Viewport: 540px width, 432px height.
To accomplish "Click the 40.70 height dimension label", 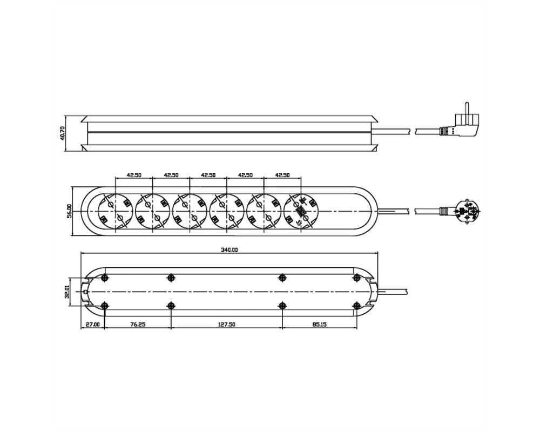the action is click(62, 133).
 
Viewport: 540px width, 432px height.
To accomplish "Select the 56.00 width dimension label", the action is click(69, 211).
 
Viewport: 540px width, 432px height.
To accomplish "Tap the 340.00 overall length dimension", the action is click(230, 250).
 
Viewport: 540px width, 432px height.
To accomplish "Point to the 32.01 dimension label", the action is click(67, 292).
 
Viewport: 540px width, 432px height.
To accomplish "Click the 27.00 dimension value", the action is click(93, 324).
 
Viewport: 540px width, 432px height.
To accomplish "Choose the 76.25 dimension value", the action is click(138, 324).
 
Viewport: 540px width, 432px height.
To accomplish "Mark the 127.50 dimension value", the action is click(227, 324).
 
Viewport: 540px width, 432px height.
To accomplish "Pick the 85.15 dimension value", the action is click(320, 324).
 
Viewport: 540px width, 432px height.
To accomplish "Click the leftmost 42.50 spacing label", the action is click(134, 174).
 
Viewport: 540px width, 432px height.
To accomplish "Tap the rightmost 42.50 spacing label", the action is click(282, 174).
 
